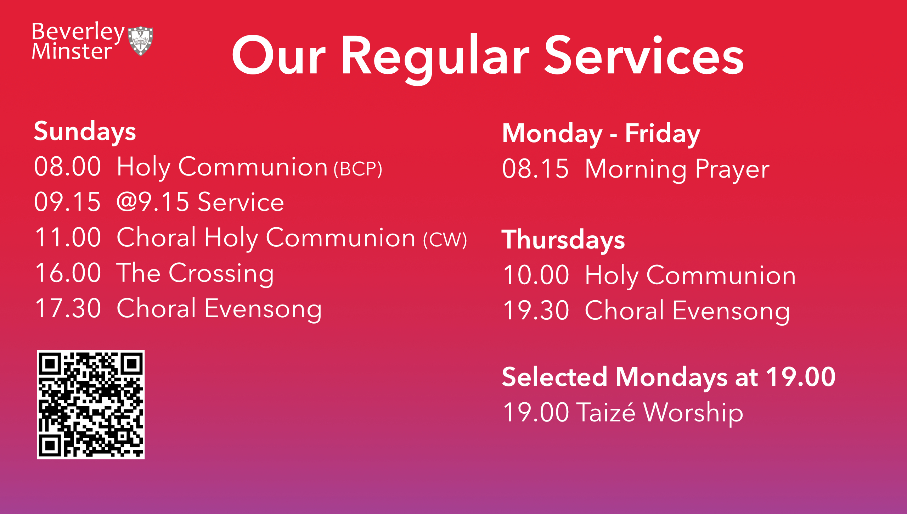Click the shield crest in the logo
click(141, 41)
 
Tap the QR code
click(91, 404)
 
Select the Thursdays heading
click(563, 240)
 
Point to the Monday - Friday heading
click(601, 134)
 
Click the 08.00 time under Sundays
click(68, 167)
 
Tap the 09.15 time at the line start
click(68, 202)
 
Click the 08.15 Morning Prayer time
click(536, 169)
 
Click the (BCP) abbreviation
click(358, 169)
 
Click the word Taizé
click(606, 412)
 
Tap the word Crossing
click(221, 274)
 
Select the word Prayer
click(732, 170)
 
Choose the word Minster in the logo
click(72, 51)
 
